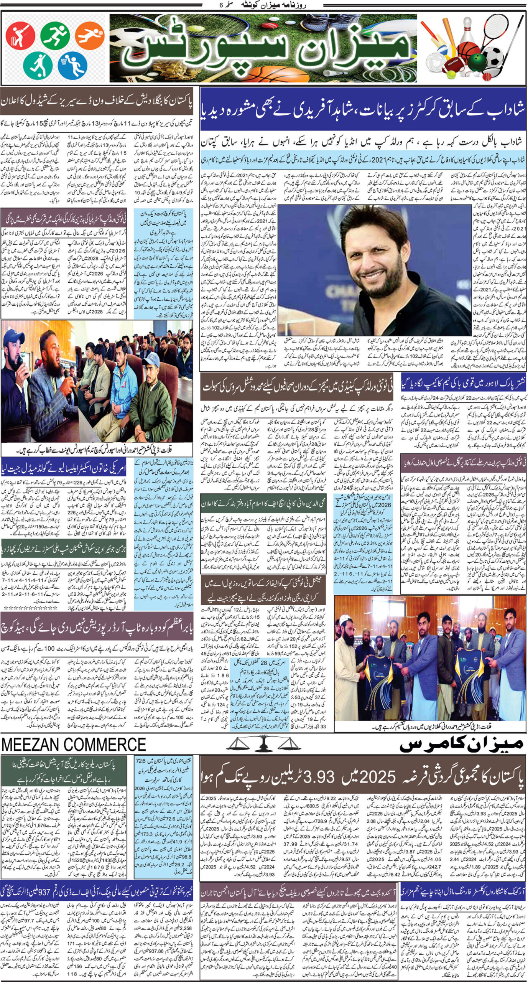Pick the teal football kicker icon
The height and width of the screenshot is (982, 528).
[38, 65]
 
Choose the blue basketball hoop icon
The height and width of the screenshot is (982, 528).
[73, 65]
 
